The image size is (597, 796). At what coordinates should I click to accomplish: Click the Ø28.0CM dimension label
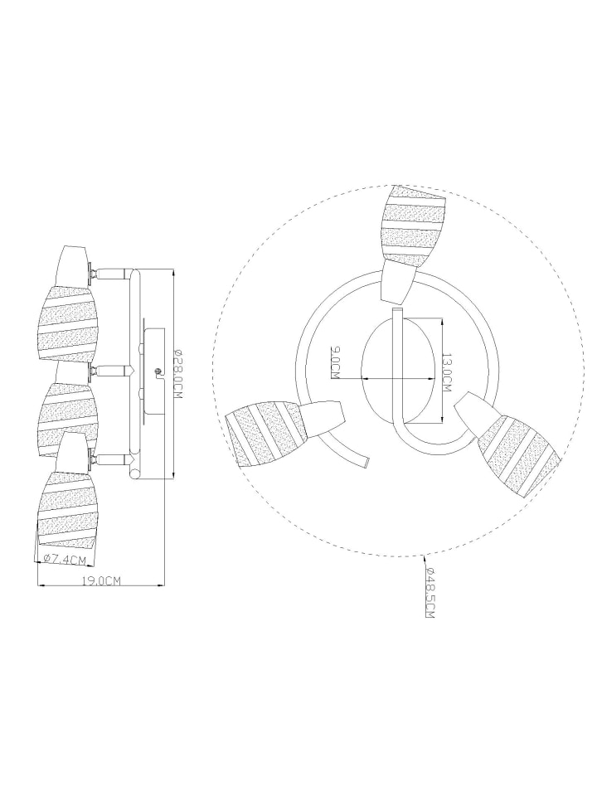tap(177, 374)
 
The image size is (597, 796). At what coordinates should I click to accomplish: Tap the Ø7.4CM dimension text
tap(65, 560)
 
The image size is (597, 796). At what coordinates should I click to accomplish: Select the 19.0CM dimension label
tap(102, 581)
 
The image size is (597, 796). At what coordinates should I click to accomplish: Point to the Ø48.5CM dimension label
tap(430, 591)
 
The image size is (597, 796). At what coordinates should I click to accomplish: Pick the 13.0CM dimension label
tap(447, 372)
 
